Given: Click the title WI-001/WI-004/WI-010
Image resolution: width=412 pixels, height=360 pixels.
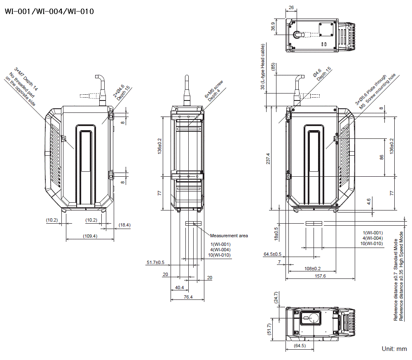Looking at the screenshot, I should pyautogui.click(x=49, y=11).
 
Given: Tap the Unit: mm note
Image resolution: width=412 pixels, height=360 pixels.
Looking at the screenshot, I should pyautogui.click(x=394, y=349).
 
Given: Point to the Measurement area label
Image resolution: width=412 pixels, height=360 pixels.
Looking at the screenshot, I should pyautogui.click(x=229, y=236).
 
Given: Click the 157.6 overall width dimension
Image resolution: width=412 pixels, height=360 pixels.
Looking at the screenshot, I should pyautogui.click(x=320, y=276).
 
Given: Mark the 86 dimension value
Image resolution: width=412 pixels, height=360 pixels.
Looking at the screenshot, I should pyautogui.click(x=382, y=157).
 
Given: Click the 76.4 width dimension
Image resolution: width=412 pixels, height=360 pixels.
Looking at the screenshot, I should pyautogui.click(x=187, y=297).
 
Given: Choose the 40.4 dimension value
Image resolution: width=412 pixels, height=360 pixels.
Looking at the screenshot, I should pyautogui.click(x=180, y=288).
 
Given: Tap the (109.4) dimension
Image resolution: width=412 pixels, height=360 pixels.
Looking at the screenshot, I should pyautogui.click(x=90, y=236).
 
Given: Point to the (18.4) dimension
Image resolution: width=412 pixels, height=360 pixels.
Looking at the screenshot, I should pyautogui.click(x=124, y=225).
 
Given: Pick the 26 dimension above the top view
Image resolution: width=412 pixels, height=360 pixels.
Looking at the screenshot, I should pyautogui.click(x=291, y=7).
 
